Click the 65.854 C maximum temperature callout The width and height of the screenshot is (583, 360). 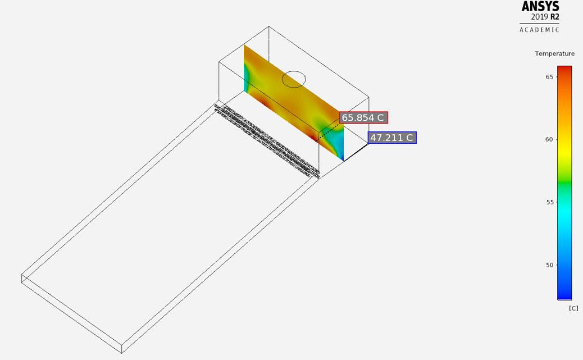tap(363, 118)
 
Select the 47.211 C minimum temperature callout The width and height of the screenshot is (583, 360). tap(392, 138)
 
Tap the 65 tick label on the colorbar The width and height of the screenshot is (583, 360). tap(549, 77)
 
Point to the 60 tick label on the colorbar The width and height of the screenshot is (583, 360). tap(549, 139)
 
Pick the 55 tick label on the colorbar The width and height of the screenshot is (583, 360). tap(549, 202)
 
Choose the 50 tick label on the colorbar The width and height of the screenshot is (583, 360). tap(549, 265)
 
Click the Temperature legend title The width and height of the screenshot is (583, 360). tap(554, 53)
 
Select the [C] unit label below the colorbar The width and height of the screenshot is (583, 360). tap(573, 308)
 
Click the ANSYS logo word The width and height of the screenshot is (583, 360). tap(540, 6)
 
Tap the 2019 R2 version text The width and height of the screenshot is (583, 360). tap(545, 17)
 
